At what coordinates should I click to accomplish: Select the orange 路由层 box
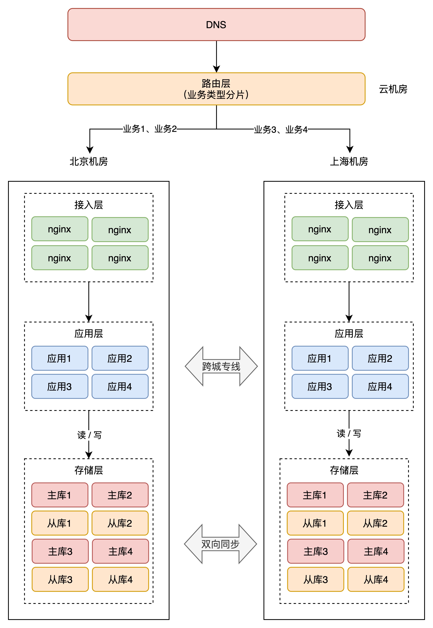click(x=216, y=89)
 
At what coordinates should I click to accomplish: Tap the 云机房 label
click(x=393, y=89)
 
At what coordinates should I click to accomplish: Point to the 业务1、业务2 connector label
click(x=150, y=129)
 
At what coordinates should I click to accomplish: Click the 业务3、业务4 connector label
click(x=281, y=129)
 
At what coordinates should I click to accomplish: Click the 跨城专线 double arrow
click(x=221, y=366)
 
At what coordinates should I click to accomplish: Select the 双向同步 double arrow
click(x=220, y=544)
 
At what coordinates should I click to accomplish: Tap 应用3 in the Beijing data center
click(x=60, y=386)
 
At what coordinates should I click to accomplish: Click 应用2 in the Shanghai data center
click(x=380, y=358)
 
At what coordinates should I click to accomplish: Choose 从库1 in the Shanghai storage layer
click(x=315, y=523)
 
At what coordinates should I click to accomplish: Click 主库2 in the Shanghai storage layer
click(x=375, y=495)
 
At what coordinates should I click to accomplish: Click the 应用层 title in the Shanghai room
click(x=349, y=333)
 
